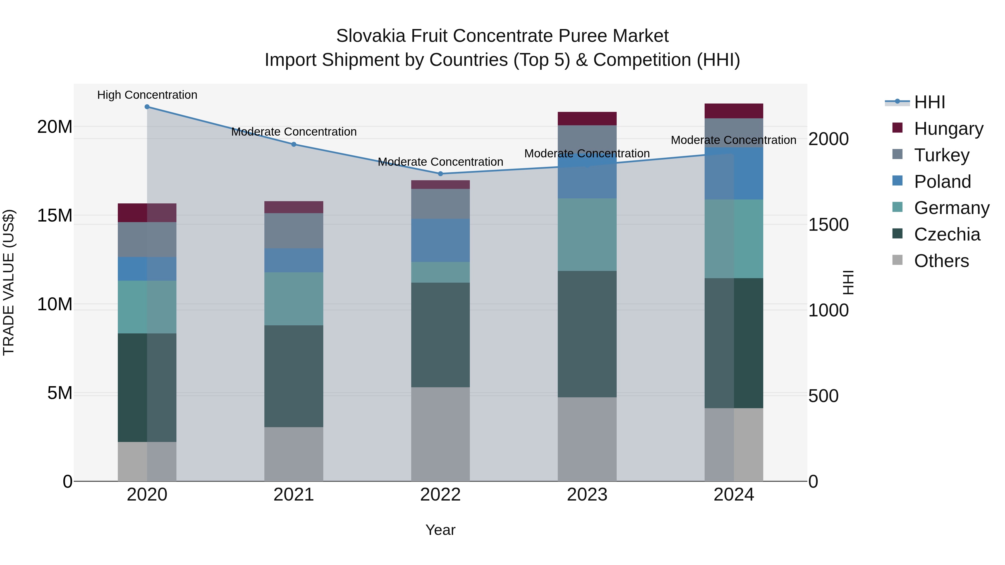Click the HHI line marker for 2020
pyautogui.click(x=147, y=107)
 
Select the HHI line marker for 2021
pyautogui.click(x=294, y=144)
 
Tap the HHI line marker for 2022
pyautogui.click(x=441, y=174)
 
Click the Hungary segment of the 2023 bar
pyautogui.click(x=587, y=119)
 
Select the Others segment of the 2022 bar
pyautogui.click(x=441, y=434)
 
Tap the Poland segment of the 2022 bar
pyautogui.click(x=441, y=240)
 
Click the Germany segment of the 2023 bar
pyautogui.click(x=587, y=234)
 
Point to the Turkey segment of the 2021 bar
pyautogui.click(x=294, y=230)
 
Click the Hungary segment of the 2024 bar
pyautogui.click(x=733, y=111)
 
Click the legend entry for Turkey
pyautogui.click(x=941, y=155)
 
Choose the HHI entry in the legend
pyautogui.click(x=929, y=102)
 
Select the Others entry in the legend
pyautogui.click(x=941, y=261)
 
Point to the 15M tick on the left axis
pyautogui.click(x=55, y=215)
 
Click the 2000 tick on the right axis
pyautogui.click(x=828, y=139)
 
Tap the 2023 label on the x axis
pyautogui.click(x=587, y=495)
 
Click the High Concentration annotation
pyautogui.click(x=147, y=95)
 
